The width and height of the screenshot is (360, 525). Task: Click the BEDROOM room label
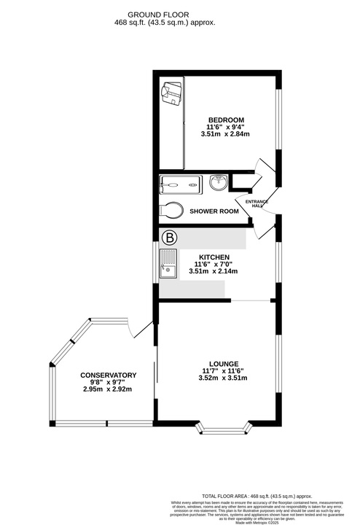click(226, 120)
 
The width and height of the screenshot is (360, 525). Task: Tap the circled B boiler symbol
click(169, 238)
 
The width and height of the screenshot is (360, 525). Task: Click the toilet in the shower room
click(172, 210)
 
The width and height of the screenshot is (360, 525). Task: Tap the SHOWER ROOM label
click(214, 211)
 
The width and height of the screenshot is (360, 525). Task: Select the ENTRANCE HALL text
click(256, 203)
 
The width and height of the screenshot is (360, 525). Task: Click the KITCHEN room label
click(214, 257)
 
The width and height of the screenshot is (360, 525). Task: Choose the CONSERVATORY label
click(108, 376)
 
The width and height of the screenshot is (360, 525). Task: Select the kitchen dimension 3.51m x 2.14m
click(214, 271)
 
